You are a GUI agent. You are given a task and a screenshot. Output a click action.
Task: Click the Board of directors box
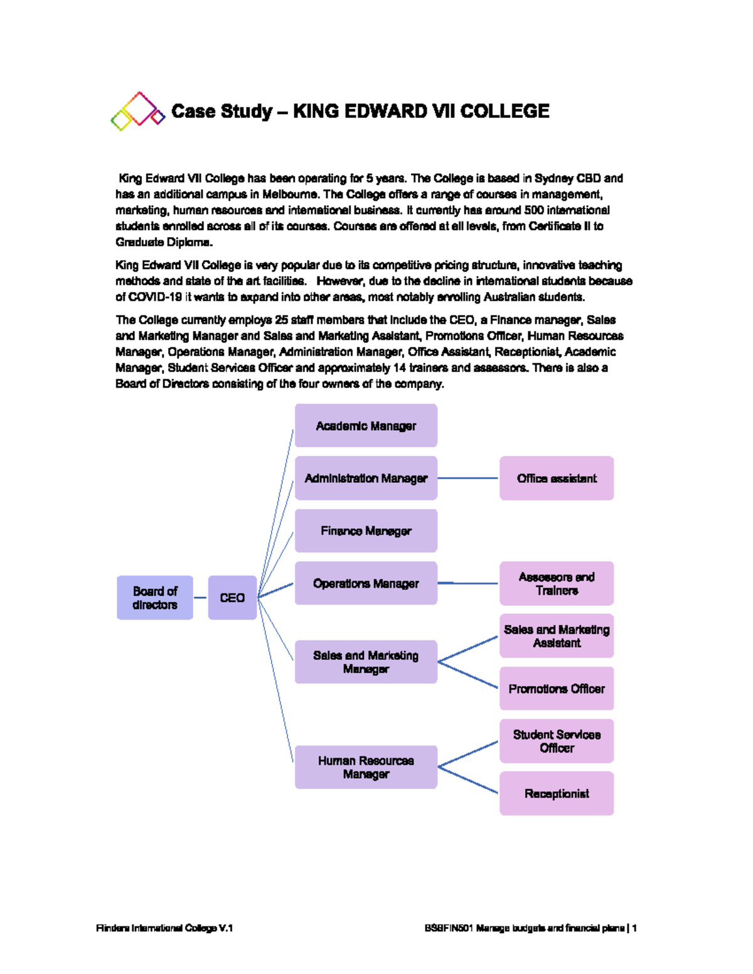point(155,598)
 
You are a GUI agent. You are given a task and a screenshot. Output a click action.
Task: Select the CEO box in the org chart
point(232,598)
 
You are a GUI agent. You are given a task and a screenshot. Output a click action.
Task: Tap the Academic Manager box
point(366,426)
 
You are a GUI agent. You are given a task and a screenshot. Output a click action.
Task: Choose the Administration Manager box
point(366,478)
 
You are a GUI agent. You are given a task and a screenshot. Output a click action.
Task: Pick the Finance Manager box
point(366,531)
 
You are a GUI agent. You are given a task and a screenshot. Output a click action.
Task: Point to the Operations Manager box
point(366,583)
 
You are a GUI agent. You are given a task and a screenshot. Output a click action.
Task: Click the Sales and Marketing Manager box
point(366,662)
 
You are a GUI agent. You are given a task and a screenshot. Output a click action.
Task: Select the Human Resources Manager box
point(366,767)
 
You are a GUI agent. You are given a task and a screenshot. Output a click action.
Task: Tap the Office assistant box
point(557,478)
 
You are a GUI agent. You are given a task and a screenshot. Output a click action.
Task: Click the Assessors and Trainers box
point(557,583)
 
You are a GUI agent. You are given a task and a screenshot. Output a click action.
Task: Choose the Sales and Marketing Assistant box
point(557,636)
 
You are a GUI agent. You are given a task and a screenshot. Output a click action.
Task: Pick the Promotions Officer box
point(557,689)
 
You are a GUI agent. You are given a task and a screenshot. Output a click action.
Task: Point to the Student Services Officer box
point(557,741)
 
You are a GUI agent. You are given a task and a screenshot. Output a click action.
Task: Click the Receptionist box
point(557,793)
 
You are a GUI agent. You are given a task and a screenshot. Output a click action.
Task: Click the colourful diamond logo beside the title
point(137,112)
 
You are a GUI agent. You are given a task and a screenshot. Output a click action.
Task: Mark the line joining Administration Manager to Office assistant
point(467,478)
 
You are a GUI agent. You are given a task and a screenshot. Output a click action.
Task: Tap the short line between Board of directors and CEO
point(200,598)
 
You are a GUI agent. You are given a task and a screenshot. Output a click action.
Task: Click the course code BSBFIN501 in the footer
point(448,928)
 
